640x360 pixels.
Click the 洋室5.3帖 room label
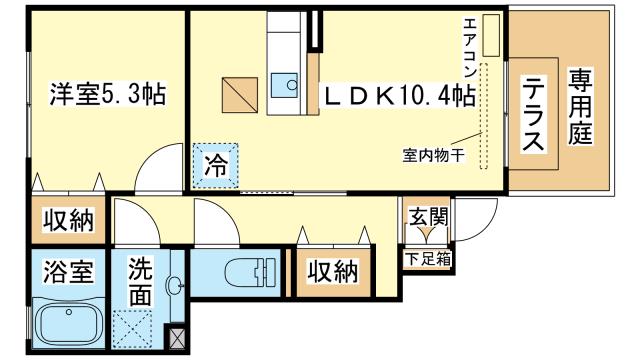coord(108,95)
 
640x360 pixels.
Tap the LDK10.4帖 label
coord(397,95)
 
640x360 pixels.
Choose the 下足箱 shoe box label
coord(427,258)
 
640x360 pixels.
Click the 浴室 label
coord(68,272)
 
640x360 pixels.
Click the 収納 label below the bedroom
coord(68,220)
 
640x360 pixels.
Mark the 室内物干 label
coord(433,155)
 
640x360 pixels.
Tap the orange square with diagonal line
coord(240,95)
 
